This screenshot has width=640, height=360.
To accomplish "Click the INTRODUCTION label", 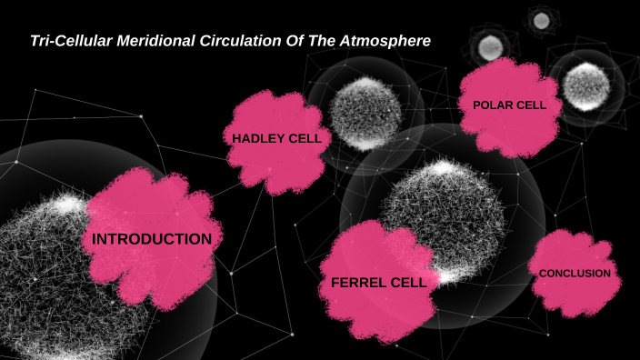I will (x=152, y=239).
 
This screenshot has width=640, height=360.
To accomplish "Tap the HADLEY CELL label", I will (x=276, y=138).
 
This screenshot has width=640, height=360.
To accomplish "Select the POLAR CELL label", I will (x=509, y=105).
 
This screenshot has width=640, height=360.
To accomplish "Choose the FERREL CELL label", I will (x=378, y=283).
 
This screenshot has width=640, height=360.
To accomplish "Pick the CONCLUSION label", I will (x=575, y=273).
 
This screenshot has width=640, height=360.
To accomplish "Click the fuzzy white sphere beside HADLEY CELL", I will (x=365, y=114).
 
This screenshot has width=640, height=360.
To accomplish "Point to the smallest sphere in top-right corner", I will (x=541, y=20).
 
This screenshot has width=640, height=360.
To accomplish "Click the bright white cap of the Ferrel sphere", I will (x=444, y=168).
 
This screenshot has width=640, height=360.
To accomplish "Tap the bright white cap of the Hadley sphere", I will (x=367, y=85).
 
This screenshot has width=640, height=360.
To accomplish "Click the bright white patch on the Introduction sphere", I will (x=68, y=205).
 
